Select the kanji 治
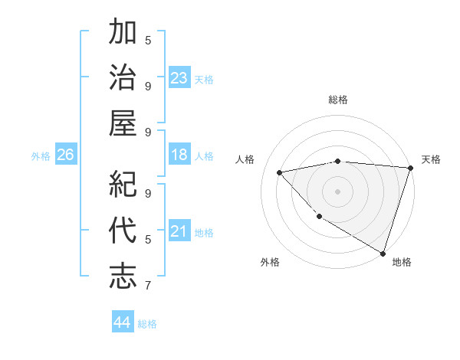coord(123,77)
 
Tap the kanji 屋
coord(123,122)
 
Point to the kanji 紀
coord(123,185)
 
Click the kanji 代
coord(123,230)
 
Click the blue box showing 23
coord(179,77)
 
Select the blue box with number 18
coord(179,155)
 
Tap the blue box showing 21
coord(179,231)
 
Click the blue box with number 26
coord(66,155)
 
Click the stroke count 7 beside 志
coord(148,286)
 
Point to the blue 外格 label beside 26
coord(41,156)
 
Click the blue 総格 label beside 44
coord(147,324)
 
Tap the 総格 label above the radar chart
coord(338,100)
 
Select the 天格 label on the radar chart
coord(431,159)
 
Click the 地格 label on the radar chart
coord(402,262)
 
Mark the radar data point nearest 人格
coord(280,172)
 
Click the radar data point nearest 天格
coord(410,167)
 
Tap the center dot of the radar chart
coord(337,191)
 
